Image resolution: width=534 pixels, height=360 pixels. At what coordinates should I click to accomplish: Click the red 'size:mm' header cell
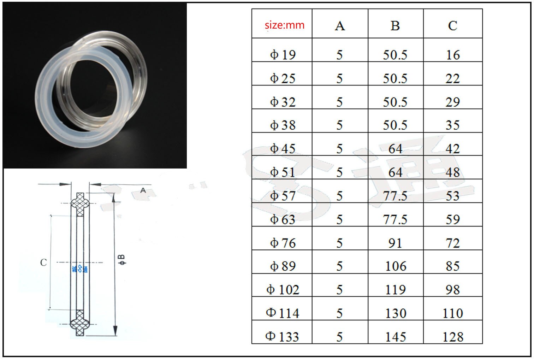[x=284, y=25]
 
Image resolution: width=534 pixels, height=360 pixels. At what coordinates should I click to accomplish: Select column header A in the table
[x=340, y=26]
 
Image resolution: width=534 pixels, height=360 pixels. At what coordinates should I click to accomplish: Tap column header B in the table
[x=395, y=26]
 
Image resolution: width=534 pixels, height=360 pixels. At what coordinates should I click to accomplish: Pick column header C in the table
[x=452, y=26]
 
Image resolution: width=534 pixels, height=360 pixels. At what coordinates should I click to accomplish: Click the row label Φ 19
[x=283, y=55]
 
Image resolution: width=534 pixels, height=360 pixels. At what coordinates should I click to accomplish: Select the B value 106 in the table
[x=396, y=266]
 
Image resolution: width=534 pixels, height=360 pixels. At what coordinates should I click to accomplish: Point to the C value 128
[x=453, y=337]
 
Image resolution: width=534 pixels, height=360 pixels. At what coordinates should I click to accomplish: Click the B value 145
[x=396, y=337]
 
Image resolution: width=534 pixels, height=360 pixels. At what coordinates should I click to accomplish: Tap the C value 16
[x=453, y=55]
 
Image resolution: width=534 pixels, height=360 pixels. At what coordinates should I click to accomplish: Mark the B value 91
[x=395, y=243]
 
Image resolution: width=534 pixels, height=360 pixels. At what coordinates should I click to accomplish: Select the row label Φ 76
[x=283, y=243]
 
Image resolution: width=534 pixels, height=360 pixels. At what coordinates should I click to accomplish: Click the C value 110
[x=453, y=313]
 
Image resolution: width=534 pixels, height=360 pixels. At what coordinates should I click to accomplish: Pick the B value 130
[x=396, y=313]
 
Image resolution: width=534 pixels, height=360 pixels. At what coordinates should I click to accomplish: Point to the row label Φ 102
[x=283, y=290]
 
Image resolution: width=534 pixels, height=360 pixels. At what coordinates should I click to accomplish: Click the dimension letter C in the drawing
[x=43, y=262]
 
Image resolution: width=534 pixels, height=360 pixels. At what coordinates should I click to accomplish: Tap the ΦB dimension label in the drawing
[x=122, y=260]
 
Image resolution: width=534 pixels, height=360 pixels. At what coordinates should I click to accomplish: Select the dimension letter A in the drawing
[x=143, y=190]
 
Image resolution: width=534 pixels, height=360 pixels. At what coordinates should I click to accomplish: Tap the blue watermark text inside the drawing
[x=80, y=269]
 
